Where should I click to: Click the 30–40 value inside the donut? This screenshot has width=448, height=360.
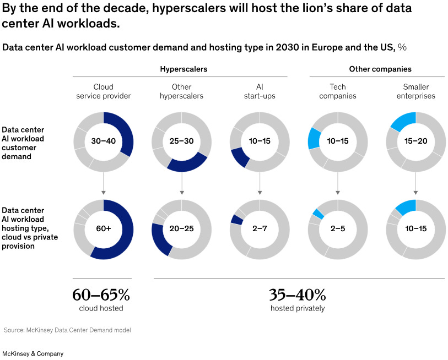[x=104, y=141]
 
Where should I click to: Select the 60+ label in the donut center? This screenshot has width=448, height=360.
[x=104, y=229]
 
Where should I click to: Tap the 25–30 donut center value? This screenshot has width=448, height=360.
[x=181, y=141]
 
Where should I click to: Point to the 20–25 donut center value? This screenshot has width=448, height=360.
[x=181, y=229]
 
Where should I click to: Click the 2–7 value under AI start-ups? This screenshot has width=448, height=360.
[x=260, y=229]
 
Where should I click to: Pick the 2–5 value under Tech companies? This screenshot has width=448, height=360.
[x=338, y=229]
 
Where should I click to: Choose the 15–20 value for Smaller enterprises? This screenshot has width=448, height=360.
[x=415, y=141]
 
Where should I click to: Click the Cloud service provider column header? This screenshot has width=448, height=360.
[x=104, y=91]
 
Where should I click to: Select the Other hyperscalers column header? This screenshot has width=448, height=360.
[x=181, y=91]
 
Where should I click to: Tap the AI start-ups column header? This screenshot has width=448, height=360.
[x=260, y=91]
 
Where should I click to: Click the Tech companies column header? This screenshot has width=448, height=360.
[x=338, y=91]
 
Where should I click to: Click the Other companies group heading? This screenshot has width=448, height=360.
[x=380, y=69]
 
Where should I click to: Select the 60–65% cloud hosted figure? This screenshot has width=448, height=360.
[x=101, y=295]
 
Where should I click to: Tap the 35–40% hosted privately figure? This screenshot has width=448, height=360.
[x=298, y=295]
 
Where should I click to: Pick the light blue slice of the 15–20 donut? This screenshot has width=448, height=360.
[x=404, y=121]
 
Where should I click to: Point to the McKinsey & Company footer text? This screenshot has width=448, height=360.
[x=33, y=353]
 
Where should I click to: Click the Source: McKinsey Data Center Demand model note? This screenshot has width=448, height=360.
[x=67, y=330]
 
